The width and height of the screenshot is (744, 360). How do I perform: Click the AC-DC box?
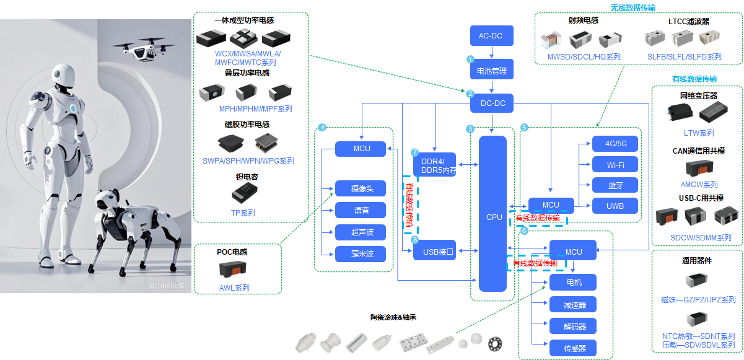click(x=491, y=36)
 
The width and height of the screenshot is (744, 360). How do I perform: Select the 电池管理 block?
click(x=491, y=71)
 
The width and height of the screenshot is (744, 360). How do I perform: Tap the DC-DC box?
click(x=492, y=103)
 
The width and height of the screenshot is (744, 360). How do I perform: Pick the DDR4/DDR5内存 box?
click(x=434, y=165)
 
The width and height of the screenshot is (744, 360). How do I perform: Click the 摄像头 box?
click(x=360, y=188)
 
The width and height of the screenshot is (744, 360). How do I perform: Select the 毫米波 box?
click(x=360, y=254)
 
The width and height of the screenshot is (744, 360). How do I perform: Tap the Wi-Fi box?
click(x=616, y=165)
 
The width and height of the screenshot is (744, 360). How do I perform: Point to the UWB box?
click(x=616, y=206)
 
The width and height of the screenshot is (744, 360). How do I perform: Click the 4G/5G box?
click(x=616, y=144)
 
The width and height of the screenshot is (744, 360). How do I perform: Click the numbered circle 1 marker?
click(x=470, y=59)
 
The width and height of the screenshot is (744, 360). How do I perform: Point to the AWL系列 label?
click(x=234, y=288)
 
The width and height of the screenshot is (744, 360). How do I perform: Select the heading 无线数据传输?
click(x=633, y=7)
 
